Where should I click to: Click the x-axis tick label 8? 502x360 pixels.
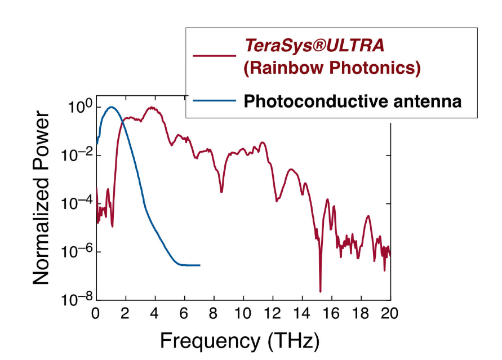(x=214, y=313)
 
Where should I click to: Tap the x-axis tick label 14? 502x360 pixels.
(x=302, y=313)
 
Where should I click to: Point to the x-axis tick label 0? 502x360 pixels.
(x=96, y=313)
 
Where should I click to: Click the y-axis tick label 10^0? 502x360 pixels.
(x=75, y=107)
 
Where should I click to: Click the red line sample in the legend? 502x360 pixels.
(x=214, y=56)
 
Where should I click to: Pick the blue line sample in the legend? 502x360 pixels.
(x=214, y=101)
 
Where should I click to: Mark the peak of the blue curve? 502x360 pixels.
(x=111, y=107)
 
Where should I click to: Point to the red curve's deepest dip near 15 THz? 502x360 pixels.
(x=320, y=291)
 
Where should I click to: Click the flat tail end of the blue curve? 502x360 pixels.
(x=198, y=265)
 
